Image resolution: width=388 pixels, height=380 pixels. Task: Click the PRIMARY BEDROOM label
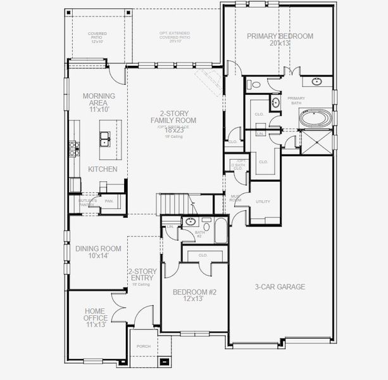(x=280, y=36)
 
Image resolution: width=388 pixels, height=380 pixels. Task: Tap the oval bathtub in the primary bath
(x=314, y=119)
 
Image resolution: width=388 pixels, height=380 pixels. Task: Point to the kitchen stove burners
(x=73, y=148)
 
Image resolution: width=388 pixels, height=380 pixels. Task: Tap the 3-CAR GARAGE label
(x=280, y=287)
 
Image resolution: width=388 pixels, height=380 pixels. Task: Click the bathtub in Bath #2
(x=220, y=231)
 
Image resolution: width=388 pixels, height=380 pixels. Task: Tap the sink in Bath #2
(x=190, y=221)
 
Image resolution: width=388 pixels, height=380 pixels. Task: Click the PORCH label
(x=144, y=346)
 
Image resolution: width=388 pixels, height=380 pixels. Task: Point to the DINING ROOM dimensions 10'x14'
(x=98, y=256)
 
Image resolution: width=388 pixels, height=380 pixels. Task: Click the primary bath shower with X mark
(x=315, y=142)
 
